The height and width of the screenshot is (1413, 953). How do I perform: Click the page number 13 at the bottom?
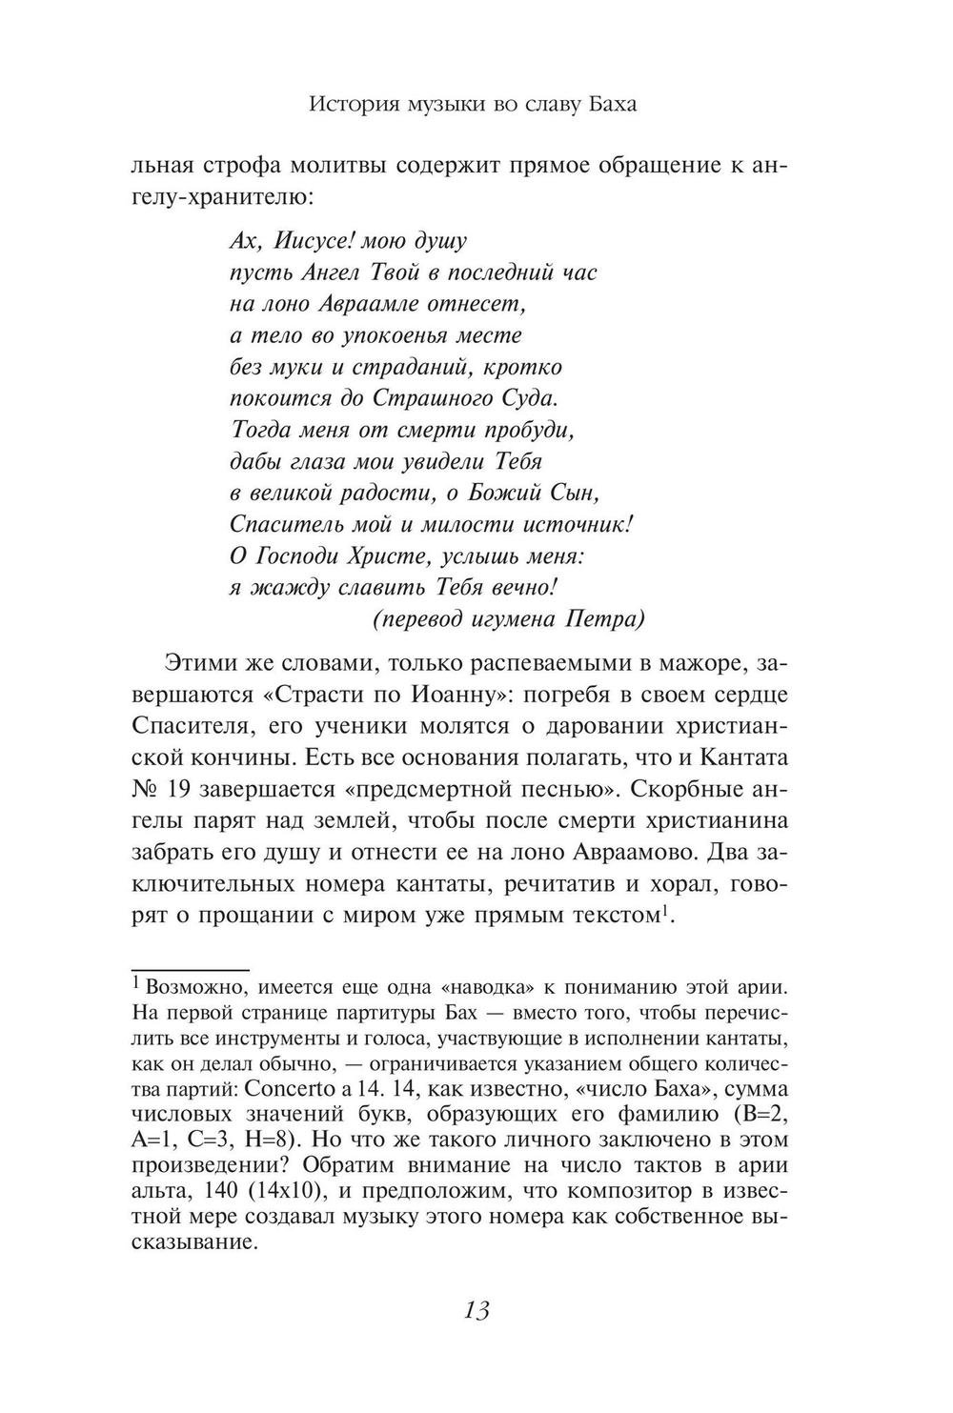coord(476,1310)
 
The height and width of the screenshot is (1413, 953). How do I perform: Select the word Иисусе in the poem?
coord(301,241)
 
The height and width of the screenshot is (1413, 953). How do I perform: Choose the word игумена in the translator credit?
coord(515,618)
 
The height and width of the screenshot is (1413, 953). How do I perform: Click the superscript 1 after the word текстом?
coord(666,910)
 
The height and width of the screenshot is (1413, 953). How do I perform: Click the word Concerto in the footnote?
coord(294,1088)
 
